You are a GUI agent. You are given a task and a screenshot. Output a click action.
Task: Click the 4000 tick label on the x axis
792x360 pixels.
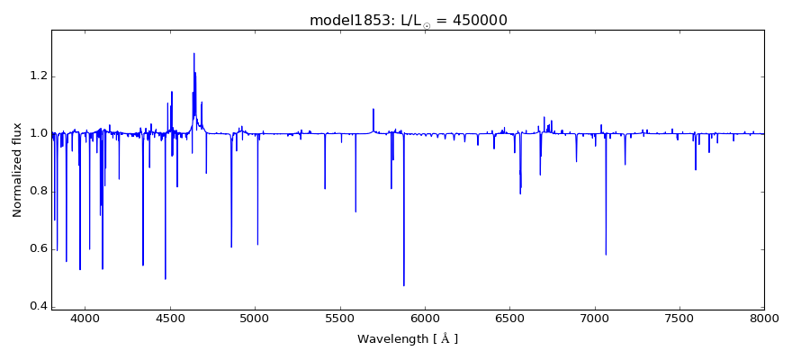[x=85, y=319]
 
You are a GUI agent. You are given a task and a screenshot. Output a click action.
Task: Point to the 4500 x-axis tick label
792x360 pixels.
[x=170, y=319]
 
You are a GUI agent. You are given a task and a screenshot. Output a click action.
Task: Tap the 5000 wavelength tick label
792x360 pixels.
[x=255, y=319]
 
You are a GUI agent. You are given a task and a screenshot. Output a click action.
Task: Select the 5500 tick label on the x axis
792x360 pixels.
[x=339, y=319]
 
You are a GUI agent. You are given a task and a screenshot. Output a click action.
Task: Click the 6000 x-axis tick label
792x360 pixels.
[x=425, y=319]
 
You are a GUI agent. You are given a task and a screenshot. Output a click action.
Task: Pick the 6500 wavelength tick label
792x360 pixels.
[x=509, y=319]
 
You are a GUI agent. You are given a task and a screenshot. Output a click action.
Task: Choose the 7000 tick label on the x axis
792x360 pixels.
[x=594, y=319]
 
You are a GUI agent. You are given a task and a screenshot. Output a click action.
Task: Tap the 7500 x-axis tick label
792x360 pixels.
[x=679, y=319]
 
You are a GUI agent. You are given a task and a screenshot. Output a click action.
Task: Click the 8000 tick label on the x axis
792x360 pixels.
[x=763, y=319]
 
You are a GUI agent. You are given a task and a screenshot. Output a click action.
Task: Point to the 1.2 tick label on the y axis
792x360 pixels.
[x=37, y=76]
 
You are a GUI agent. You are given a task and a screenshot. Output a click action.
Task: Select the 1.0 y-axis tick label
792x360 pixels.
[x=37, y=134]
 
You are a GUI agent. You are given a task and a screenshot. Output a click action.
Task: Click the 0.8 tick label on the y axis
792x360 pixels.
[x=37, y=192]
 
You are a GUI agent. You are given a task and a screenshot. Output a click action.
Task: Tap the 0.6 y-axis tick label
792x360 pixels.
[x=37, y=249]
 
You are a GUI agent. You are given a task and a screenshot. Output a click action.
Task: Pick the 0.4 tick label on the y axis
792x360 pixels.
[x=37, y=307]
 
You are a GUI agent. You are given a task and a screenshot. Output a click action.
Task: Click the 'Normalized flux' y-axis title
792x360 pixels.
[x=17, y=169]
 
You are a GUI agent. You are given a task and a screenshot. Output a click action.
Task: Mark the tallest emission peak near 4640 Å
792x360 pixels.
[x=193, y=53]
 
